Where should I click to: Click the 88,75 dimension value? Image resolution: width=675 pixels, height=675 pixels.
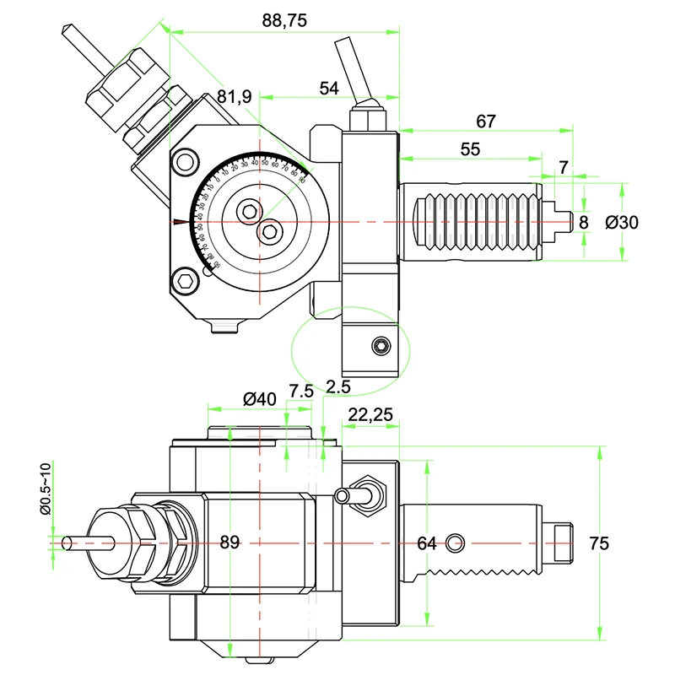[x=284, y=22]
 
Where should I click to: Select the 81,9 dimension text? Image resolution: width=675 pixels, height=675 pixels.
[x=234, y=97]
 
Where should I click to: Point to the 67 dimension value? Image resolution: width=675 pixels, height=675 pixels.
[x=485, y=121]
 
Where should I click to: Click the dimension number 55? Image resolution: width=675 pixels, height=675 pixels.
[x=470, y=148]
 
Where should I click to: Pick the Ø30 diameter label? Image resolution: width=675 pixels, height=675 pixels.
[x=622, y=222]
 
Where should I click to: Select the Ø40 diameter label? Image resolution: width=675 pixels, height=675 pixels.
[x=260, y=397]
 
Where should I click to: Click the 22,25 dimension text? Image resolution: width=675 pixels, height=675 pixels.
[x=370, y=415]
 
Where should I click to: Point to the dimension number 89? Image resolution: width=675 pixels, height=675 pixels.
[x=229, y=543]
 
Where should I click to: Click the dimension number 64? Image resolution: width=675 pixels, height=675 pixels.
[x=427, y=543]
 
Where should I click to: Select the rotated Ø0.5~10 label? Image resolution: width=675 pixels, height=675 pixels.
[x=46, y=489]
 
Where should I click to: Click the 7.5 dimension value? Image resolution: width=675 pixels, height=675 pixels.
[x=302, y=391]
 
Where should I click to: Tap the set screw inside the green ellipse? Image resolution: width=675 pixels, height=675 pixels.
[x=381, y=346]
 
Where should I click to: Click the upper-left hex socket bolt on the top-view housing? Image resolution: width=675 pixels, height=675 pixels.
[x=186, y=160]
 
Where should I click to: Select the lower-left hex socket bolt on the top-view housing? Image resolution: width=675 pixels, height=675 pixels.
[x=186, y=283]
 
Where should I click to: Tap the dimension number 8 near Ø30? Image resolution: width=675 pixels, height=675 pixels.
[x=583, y=222]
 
